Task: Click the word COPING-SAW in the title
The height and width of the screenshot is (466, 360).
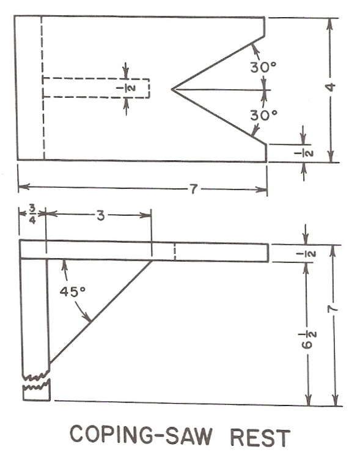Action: point(141,435)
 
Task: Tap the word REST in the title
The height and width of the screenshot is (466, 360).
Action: point(260,437)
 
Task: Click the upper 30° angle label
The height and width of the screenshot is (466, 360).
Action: point(263,67)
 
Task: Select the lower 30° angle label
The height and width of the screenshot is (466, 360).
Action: point(264,116)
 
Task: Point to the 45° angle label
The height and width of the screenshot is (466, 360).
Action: point(73,291)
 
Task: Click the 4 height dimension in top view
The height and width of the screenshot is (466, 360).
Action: point(330,87)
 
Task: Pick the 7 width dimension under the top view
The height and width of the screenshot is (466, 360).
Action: point(193,189)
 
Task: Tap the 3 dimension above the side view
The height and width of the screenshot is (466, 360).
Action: point(101,216)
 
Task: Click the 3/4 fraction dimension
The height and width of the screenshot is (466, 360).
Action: point(32,214)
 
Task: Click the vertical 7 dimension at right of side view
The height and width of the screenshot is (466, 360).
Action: point(332,309)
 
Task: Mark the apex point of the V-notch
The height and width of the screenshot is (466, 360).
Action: point(172,89)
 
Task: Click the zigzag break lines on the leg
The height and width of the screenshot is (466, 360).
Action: point(36,381)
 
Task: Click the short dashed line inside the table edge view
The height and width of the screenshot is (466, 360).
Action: point(175,252)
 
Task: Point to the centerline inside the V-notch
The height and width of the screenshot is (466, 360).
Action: point(221,89)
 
